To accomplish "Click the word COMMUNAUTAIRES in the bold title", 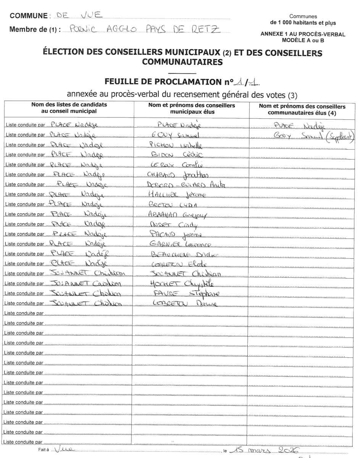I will point(182,61).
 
